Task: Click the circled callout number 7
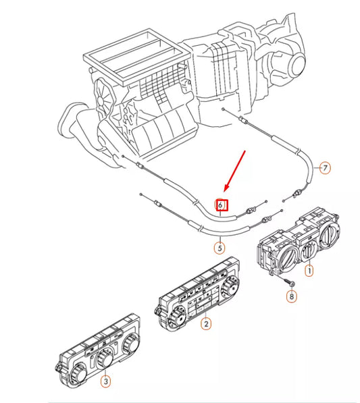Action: [x=325, y=168]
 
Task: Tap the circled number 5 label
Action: [x=220, y=248]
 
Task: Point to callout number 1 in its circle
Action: [x=309, y=271]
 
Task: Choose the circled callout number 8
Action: [x=291, y=296]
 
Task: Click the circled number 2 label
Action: [x=207, y=324]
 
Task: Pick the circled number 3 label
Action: [x=105, y=382]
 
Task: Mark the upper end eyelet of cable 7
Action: [x=224, y=109]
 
